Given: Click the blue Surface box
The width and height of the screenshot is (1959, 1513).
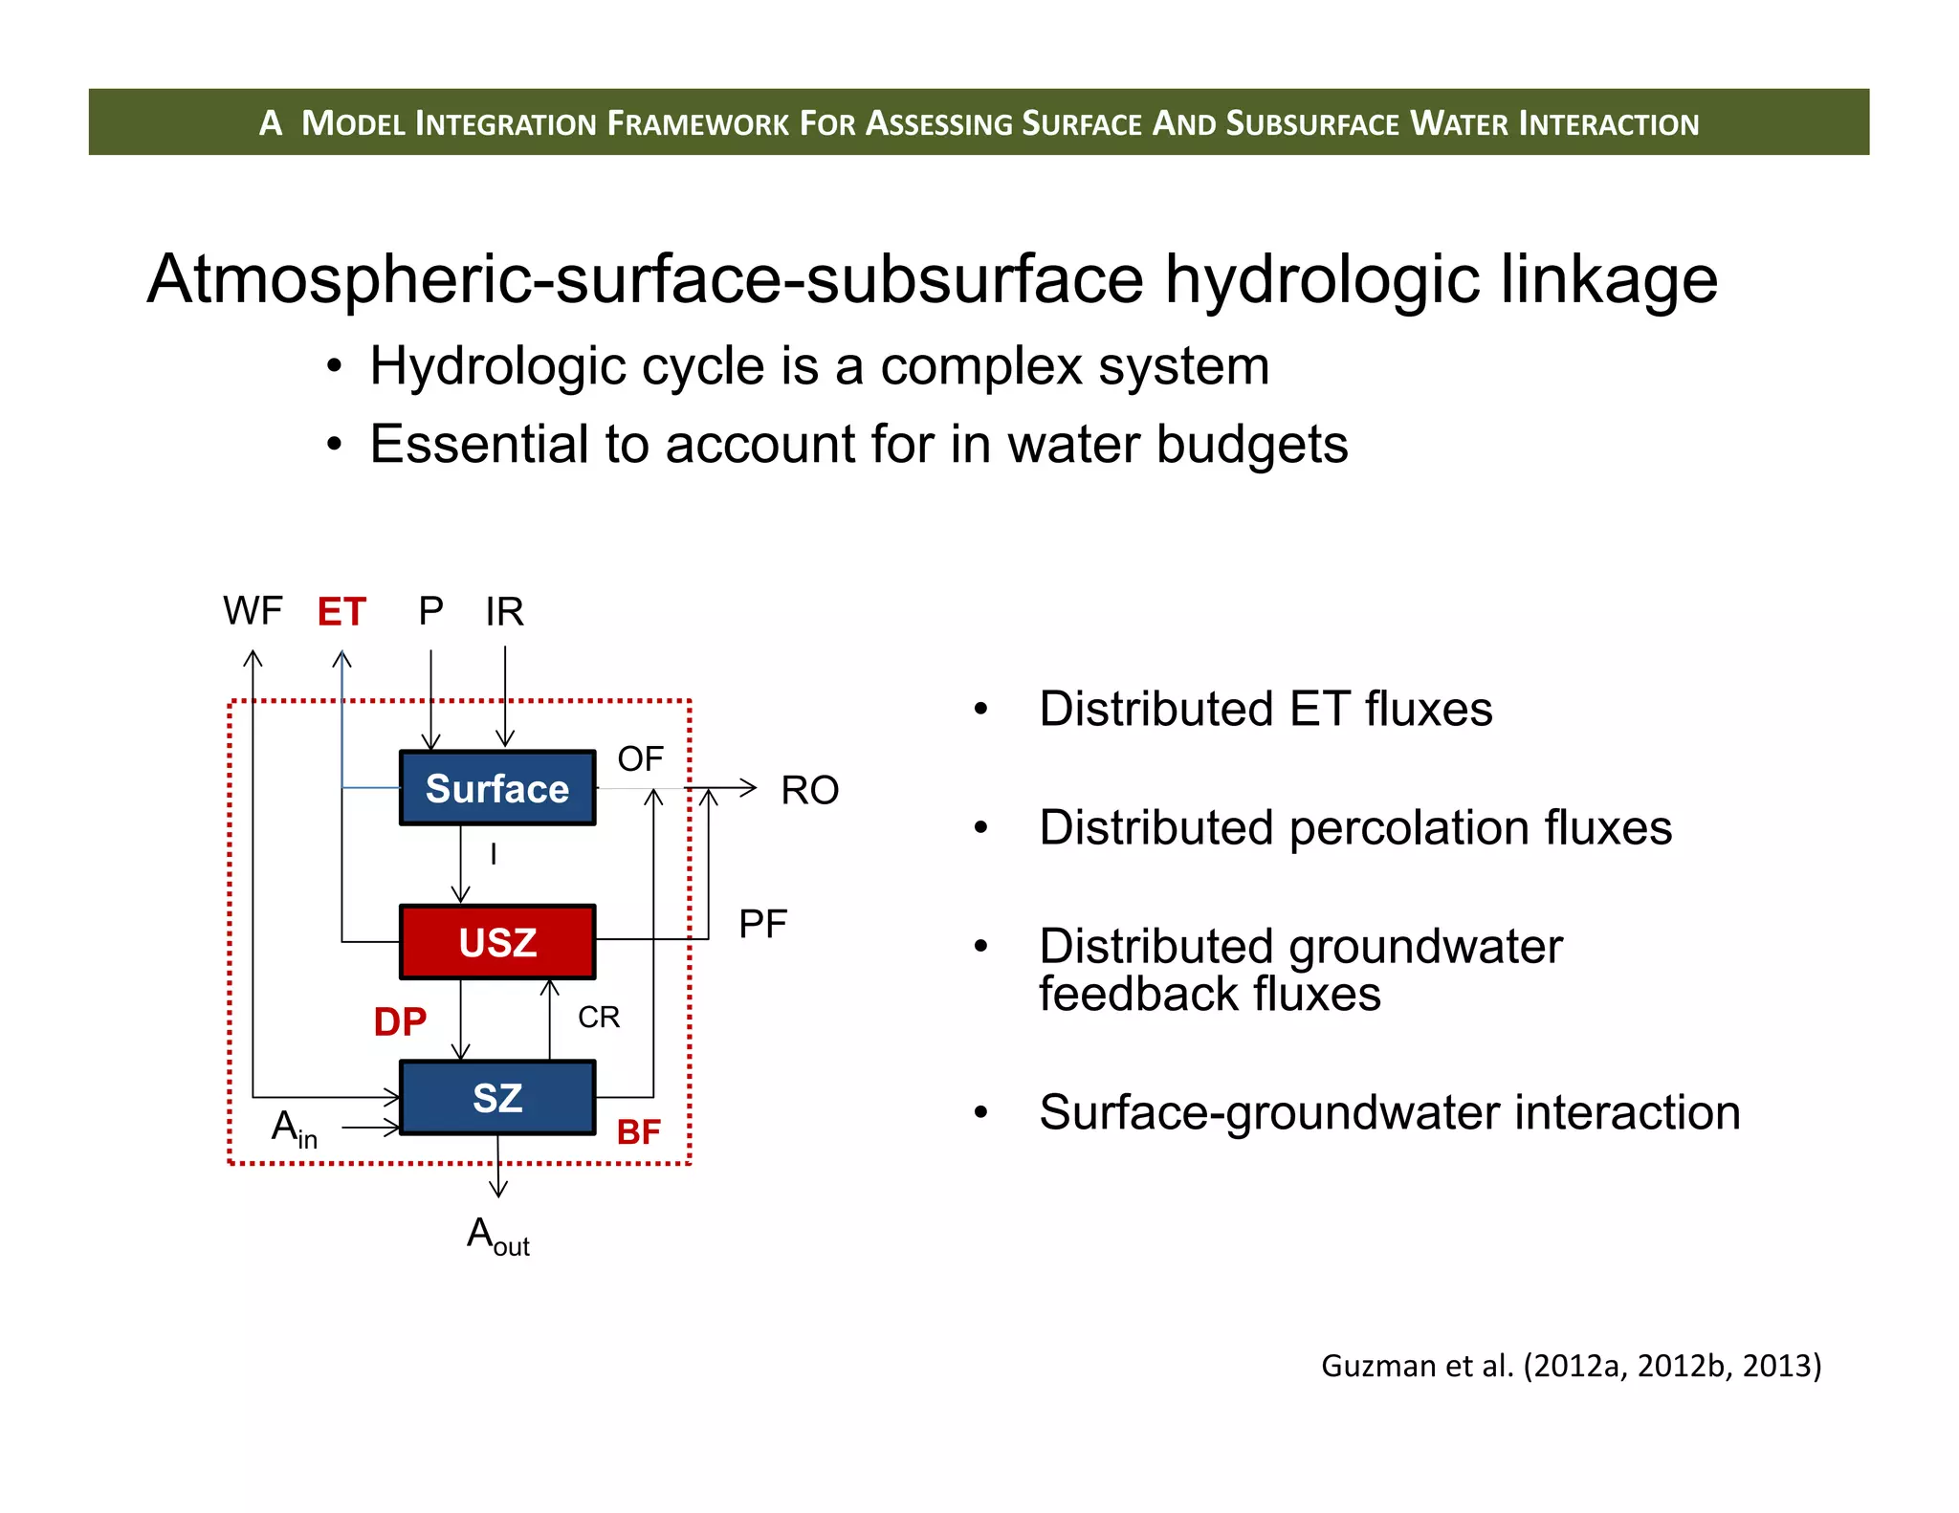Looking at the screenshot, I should pyautogui.click(x=496, y=788).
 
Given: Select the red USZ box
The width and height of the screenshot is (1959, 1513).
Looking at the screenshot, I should pyautogui.click(x=496, y=942).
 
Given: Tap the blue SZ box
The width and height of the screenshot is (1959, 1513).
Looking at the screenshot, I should pyautogui.click(x=496, y=1097).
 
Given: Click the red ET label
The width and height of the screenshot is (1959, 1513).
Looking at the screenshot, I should pyautogui.click(x=341, y=612).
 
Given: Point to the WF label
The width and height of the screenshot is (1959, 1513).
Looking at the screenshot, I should pyautogui.click(x=253, y=610).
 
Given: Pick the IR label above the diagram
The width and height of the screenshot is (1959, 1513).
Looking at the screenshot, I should pyautogui.click(x=504, y=612).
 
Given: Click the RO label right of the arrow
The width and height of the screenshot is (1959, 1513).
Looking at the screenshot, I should pyautogui.click(x=809, y=791).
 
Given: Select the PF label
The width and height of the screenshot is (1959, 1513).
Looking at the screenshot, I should pyautogui.click(x=762, y=925).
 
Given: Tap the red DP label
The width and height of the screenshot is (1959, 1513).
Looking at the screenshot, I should pyautogui.click(x=400, y=1022).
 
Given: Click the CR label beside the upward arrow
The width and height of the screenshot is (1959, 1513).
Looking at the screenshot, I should pyautogui.click(x=599, y=1017).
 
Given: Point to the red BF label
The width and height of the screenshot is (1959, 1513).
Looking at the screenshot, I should pyautogui.click(x=638, y=1132).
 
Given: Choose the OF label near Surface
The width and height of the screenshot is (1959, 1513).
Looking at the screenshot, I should pyautogui.click(x=640, y=758).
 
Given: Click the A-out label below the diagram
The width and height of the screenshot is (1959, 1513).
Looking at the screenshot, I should pyautogui.click(x=497, y=1236).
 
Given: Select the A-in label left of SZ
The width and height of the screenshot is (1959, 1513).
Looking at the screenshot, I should pyautogui.click(x=294, y=1129).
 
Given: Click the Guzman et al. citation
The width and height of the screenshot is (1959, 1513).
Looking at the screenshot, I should pyautogui.click(x=1571, y=1366).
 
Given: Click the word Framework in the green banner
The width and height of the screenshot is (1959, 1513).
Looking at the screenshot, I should pyautogui.click(x=697, y=123).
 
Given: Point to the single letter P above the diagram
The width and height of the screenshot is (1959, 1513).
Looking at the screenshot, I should pyautogui.click(x=430, y=611).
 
